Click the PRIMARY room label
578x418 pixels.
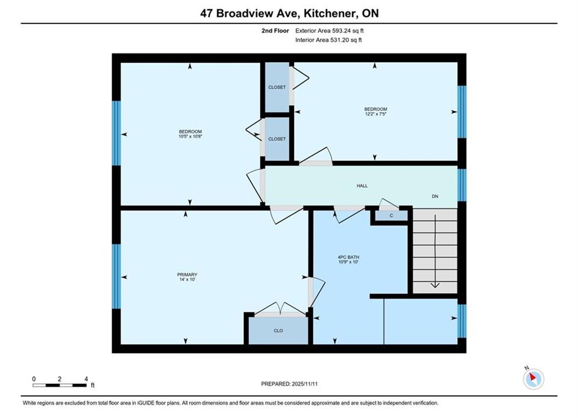[x=187, y=275]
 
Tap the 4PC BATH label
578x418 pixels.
[x=349, y=257]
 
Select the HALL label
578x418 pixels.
[x=362, y=186]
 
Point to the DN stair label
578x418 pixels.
[x=435, y=196]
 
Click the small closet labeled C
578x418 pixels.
[x=392, y=215]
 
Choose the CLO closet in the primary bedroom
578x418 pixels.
[x=278, y=331]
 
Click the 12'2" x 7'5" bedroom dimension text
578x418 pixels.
[x=376, y=114]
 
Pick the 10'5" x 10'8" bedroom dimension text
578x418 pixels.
[x=190, y=136]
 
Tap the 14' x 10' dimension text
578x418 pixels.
[x=187, y=279]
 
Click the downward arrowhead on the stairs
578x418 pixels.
[x=435, y=285]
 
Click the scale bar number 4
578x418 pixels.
[x=86, y=379]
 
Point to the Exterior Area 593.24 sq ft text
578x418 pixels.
[x=329, y=31]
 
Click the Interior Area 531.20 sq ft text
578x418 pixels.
[x=328, y=40]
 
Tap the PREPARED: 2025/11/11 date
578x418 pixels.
[x=289, y=384]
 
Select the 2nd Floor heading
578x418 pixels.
[x=275, y=31]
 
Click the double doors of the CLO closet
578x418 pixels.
[x=280, y=309]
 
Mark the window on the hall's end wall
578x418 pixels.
[x=462, y=185]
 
